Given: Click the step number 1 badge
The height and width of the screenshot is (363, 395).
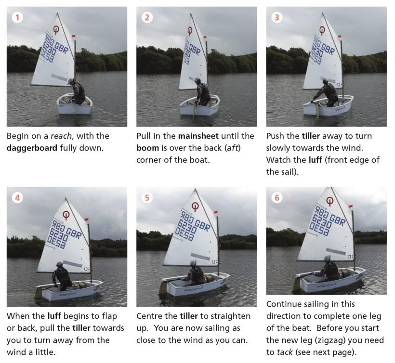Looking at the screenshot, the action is point(17,18).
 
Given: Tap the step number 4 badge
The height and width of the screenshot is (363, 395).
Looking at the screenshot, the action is point(17,198).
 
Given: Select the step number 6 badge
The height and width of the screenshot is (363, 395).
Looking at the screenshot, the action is point(277,198).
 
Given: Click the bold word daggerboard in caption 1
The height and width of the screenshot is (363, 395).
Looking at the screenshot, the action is point(32,148).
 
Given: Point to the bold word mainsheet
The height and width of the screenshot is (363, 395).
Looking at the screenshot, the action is point(198,136).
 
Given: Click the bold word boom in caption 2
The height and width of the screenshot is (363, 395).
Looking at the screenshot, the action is point(147,148).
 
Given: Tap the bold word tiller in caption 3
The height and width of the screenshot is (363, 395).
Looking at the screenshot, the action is point(311,136).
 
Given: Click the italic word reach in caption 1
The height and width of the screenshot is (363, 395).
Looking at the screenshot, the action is point(61,136).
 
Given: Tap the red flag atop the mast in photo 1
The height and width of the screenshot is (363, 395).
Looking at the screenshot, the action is point(73,36).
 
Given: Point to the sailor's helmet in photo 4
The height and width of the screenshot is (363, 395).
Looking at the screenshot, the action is point(59,264).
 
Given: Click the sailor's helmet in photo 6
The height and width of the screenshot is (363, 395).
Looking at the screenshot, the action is point(327,258).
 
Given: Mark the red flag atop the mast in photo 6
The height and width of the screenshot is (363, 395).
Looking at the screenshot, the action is point(351,207).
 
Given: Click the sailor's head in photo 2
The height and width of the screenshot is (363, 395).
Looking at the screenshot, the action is point(197,80).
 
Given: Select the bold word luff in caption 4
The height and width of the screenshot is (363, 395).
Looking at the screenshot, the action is point(54,316).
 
